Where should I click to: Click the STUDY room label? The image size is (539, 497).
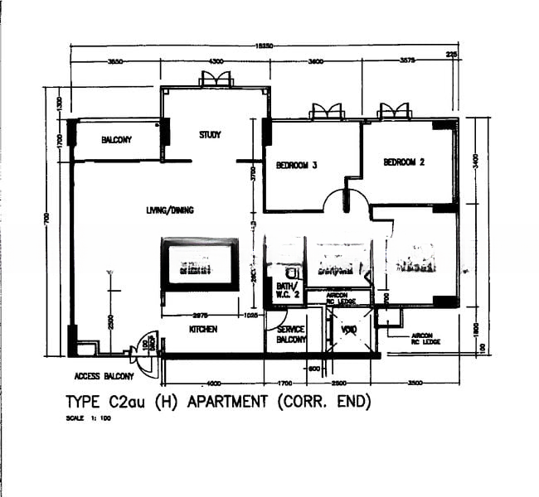(210, 135)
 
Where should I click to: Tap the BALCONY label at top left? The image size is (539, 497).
(117, 140)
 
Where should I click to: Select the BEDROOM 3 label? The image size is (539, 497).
(296, 165)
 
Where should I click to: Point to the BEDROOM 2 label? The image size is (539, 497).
(404, 162)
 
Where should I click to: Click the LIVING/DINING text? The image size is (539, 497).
(170, 210)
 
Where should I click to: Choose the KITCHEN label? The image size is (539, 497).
(202, 329)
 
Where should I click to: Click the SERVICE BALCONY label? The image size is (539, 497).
(286, 334)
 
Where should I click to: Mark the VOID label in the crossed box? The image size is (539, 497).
(348, 329)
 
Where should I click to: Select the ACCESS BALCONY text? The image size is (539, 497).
(104, 376)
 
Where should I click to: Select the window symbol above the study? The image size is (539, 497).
(216, 80)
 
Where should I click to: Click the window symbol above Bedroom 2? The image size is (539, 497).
(395, 111)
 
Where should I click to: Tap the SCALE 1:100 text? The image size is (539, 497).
(88, 418)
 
